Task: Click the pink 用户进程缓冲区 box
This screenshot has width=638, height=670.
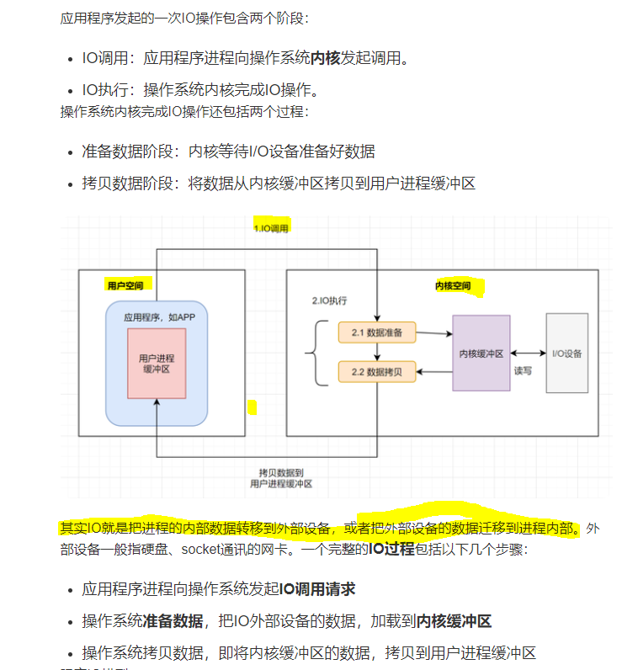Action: click(x=157, y=364)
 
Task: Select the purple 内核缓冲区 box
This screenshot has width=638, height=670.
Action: click(x=481, y=354)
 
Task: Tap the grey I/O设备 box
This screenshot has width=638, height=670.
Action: click(x=567, y=354)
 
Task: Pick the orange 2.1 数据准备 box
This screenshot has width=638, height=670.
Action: click(x=377, y=332)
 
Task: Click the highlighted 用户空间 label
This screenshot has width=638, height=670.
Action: click(x=125, y=285)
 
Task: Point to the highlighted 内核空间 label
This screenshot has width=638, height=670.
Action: click(x=452, y=286)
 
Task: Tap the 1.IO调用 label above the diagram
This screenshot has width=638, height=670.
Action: click(x=271, y=228)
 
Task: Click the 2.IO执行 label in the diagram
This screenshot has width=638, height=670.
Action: click(x=330, y=300)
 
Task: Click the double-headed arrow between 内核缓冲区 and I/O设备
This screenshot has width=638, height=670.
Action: click(x=528, y=354)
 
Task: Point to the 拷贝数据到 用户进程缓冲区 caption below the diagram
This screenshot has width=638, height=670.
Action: click(x=281, y=477)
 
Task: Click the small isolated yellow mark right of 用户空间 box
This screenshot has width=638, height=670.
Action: click(x=251, y=408)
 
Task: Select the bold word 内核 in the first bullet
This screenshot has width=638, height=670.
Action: click(x=326, y=58)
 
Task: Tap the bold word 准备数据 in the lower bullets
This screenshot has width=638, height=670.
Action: click(x=173, y=621)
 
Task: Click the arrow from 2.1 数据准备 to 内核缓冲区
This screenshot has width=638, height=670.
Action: click(x=434, y=332)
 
